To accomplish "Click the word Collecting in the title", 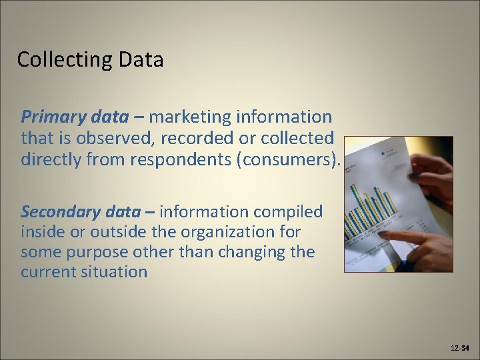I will [57, 60].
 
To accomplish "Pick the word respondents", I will [191, 160].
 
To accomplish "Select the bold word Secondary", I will [62, 212].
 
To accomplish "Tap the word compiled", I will [288, 212].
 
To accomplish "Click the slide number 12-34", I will [461, 348].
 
